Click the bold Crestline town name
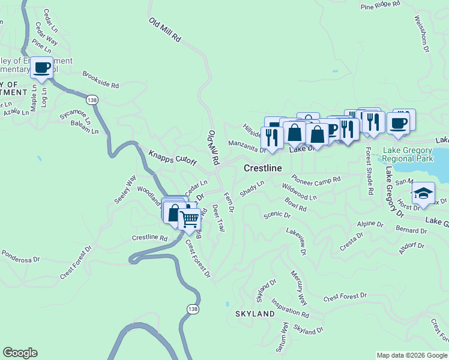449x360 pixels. pyautogui.click(x=262, y=169)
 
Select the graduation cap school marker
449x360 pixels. pyautogui.click(x=423, y=194)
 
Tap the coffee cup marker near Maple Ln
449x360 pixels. pyautogui.click(x=41, y=68)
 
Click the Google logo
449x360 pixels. pyautogui.click(x=20, y=353)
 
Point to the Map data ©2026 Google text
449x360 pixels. pyautogui.click(x=412, y=355)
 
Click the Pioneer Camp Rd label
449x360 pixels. pyautogui.click(x=316, y=179)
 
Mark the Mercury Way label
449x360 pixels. pyautogui.click(x=298, y=280)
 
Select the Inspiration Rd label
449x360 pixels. pyautogui.click(x=290, y=308)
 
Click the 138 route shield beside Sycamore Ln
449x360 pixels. pyautogui.click(x=91, y=100)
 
